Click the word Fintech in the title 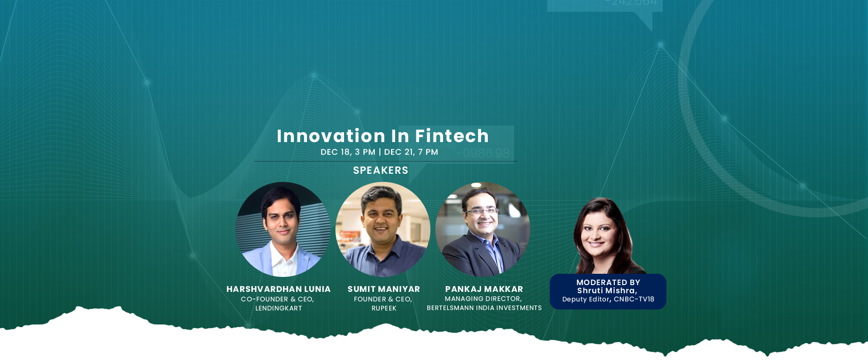(x=452, y=136)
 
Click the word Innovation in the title (x=331, y=136)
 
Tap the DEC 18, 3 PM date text (x=348, y=152)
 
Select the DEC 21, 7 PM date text (x=411, y=152)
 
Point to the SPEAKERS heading (x=381, y=170)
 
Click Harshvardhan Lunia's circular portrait (x=283, y=229)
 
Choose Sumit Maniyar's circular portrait (x=383, y=229)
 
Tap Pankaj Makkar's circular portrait (x=483, y=229)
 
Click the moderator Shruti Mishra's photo (x=607, y=236)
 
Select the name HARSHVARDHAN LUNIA (x=278, y=289)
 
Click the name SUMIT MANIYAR (x=384, y=289)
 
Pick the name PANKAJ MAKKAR (x=484, y=289)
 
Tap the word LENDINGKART (x=278, y=308)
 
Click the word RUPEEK (x=384, y=308)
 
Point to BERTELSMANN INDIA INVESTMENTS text (x=484, y=308)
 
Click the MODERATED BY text (x=608, y=282)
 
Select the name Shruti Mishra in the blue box (x=606, y=291)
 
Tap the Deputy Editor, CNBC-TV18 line (x=608, y=299)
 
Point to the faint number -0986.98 (x=483, y=153)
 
